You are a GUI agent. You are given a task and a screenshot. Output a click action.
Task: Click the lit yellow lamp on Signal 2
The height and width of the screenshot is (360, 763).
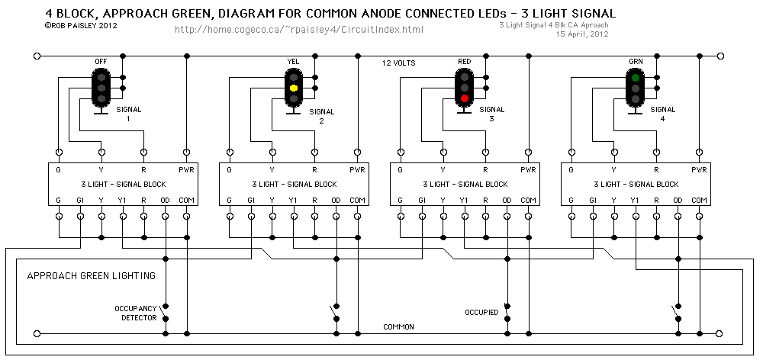click(x=293, y=88)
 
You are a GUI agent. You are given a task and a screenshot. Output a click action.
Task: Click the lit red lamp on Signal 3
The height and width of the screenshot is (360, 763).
click(x=464, y=99)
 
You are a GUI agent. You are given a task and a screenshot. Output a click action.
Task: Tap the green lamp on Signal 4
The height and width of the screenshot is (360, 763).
click(x=635, y=78)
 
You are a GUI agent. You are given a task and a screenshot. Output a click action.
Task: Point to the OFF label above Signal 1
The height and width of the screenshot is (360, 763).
click(x=101, y=61)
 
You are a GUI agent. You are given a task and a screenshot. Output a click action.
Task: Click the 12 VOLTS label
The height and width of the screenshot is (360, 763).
click(x=398, y=63)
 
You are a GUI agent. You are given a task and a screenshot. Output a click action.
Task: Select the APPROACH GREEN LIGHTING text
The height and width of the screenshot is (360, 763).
click(x=91, y=275)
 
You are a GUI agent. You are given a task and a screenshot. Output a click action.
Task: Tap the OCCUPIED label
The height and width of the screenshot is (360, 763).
click(x=481, y=313)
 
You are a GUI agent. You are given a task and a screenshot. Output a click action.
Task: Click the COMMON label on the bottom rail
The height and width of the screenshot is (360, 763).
click(x=398, y=326)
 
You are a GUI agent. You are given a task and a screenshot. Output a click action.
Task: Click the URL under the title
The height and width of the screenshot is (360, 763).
click(x=299, y=30)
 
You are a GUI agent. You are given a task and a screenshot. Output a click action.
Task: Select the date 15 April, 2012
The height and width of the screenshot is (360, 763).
click(x=582, y=34)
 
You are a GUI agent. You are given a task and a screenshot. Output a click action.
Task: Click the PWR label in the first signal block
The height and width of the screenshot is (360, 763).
click(x=186, y=169)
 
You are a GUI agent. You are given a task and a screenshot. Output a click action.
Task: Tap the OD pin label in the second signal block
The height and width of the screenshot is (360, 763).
click(x=336, y=200)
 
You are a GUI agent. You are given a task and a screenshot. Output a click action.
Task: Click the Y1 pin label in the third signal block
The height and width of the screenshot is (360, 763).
click(x=464, y=200)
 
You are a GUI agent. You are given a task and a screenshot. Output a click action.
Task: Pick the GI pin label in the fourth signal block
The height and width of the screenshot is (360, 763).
click(x=592, y=200)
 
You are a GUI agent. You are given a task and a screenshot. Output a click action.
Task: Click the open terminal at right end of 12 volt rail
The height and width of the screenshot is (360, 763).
click(x=720, y=56)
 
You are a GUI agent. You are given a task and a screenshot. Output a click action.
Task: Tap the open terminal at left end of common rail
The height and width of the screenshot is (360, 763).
click(x=37, y=333)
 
